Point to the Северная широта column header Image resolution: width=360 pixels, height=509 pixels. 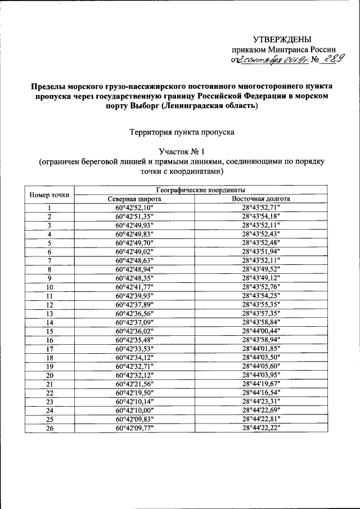pyautogui.click(x=134, y=199)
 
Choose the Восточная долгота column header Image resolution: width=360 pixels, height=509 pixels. pyautogui.click(x=261, y=199)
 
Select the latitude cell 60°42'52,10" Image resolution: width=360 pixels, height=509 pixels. pyautogui.click(x=134, y=208)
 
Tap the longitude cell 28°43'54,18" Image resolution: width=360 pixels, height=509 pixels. pyautogui.click(x=261, y=217)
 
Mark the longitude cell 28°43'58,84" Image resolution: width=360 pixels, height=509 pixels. pyautogui.click(x=261, y=322)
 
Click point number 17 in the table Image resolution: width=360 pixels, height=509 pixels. pyautogui.click(x=49, y=349)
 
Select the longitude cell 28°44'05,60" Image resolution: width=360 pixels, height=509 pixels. pyautogui.click(x=261, y=366)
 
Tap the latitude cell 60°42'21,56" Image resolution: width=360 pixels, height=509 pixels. pyautogui.click(x=134, y=384)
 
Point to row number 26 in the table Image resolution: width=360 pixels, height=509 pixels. pyautogui.click(x=49, y=428)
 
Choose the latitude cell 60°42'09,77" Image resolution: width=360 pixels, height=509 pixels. pyautogui.click(x=134, y=428)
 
